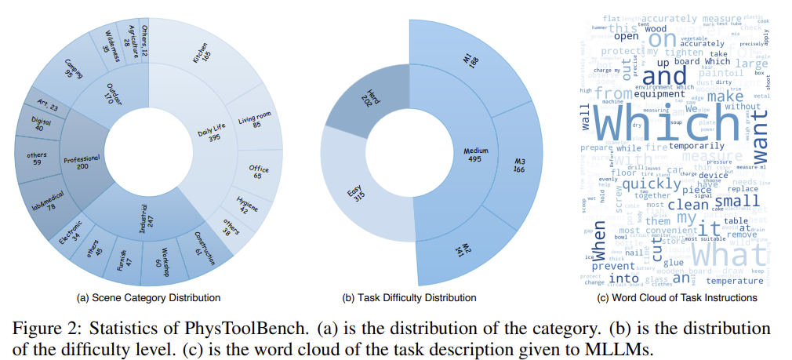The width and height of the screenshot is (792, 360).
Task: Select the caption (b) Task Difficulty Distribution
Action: (x=409, y=298)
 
